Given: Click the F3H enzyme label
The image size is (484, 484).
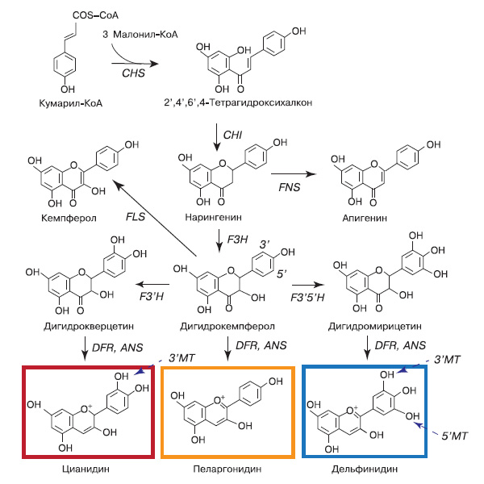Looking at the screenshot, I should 233,240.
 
